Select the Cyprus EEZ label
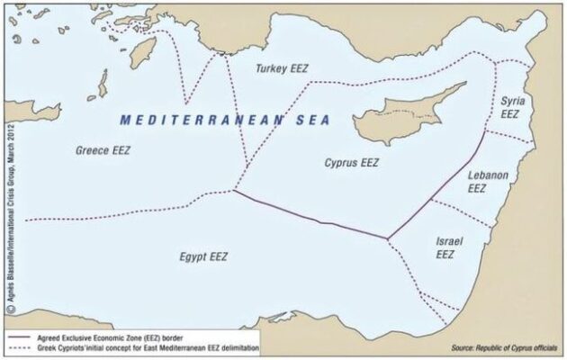351,163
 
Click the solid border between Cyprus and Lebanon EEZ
441,184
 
